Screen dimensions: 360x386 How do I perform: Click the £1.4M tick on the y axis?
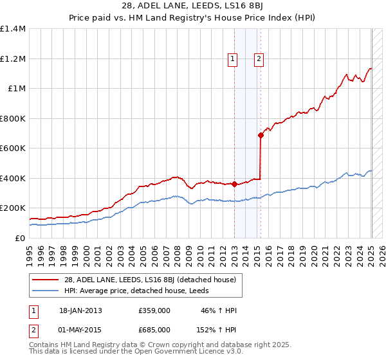pos(13,29)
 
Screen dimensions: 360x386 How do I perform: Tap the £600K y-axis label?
pos(13,148)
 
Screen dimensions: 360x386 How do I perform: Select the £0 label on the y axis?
pos(21,238)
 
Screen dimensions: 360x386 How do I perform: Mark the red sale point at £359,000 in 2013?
pos(235,184)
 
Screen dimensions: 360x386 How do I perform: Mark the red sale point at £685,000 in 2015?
pos(261,135)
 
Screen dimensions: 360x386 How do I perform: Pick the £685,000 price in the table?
pos(154,329)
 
